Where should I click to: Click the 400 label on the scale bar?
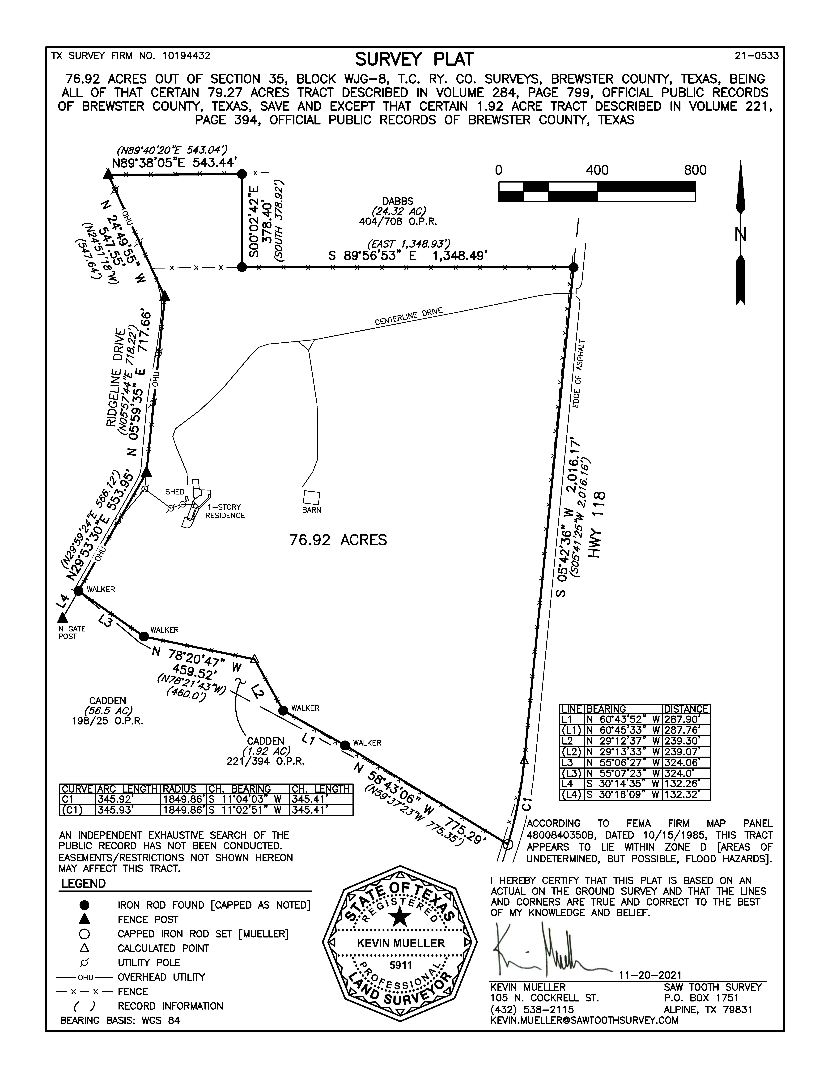click(x=597, y=170)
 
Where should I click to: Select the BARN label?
click(x=312, y=510)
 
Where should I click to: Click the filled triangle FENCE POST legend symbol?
click(x=84, y=919)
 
